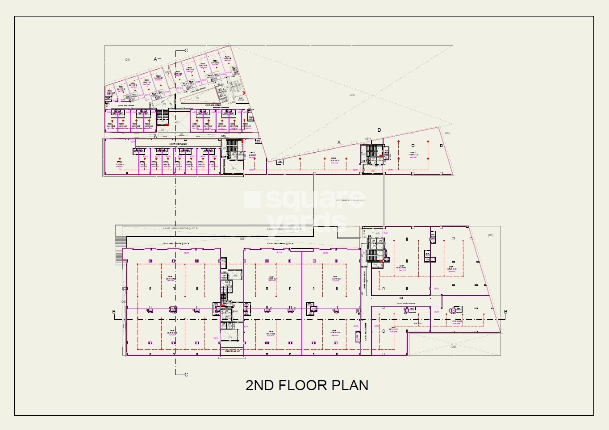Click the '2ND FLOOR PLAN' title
(307, 385)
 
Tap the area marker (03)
(352, 95)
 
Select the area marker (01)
(127, 59)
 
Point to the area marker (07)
(490, 235)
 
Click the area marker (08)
(453, 347)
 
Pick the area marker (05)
(447, 133)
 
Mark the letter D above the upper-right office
(379, 130)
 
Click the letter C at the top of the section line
(186, 50)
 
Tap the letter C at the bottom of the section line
(186, 375)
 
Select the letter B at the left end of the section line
(114, 312)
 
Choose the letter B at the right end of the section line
(505, 312)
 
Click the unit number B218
(187, 253)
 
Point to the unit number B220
(325, 253)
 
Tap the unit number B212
(437, 288)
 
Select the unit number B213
(437, 312)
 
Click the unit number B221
(386, 233)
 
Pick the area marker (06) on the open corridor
(242, 238)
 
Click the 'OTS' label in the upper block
(223, 137)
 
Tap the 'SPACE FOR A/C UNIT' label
(232, 351)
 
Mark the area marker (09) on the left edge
(123, 302)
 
